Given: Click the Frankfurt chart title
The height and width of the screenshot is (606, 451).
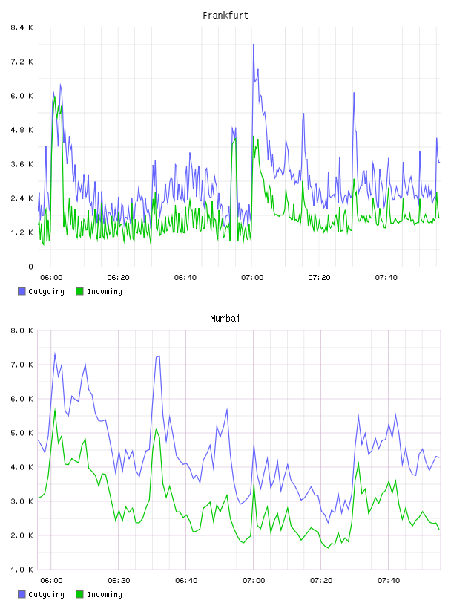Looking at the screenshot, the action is (x=225, y=16).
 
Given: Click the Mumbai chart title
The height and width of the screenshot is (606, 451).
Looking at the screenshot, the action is (x=225, y=319).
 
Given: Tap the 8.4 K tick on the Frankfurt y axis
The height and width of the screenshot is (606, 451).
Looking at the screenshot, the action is (x=22, y=27).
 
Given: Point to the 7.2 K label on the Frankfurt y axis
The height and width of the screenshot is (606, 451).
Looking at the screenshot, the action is (x=22, y=62).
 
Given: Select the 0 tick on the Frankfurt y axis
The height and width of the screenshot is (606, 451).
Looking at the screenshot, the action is (x=31, y=267).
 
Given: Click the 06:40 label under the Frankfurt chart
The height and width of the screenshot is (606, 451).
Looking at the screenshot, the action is (x=185, y=277).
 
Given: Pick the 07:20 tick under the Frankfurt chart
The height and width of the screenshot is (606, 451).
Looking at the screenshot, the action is (x=319, y=277).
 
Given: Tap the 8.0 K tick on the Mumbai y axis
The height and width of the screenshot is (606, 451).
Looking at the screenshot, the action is (x=22, y=330).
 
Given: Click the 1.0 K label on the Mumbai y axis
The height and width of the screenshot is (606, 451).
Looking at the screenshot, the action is (x=22, y=570).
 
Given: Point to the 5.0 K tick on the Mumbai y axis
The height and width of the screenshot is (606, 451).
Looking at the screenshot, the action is (x=22, y=433).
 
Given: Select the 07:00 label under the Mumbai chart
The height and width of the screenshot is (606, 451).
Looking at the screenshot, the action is (x=254, y=580).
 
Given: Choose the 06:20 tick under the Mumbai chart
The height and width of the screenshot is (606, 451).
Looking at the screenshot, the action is (x=119, y=580).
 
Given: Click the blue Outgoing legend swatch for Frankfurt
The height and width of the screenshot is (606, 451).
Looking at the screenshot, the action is (x=22, y=291).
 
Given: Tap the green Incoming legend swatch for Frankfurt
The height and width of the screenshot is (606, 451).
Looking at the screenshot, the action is (x=79, y=291).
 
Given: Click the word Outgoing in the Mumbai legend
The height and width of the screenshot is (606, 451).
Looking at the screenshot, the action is (x=46, y=594).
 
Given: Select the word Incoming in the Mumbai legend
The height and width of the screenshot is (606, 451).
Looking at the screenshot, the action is (x=105, y=594).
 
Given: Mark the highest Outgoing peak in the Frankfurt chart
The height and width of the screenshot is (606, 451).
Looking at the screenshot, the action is (x=254, y=45).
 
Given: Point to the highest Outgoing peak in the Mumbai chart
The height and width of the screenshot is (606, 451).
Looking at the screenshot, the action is (x=55, y=353).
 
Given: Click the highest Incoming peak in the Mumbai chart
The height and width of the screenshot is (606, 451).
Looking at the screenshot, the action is (x=55, y=409).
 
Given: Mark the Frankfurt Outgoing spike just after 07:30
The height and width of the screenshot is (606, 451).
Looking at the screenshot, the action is (x=354, y=93).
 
